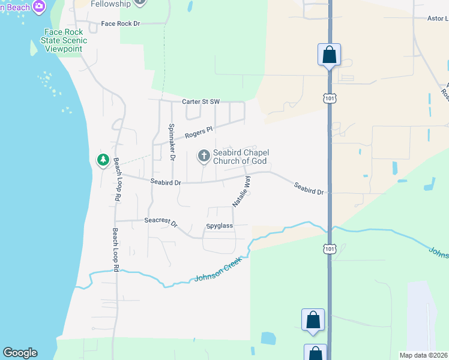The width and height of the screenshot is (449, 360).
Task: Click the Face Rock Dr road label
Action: tap(120, 23)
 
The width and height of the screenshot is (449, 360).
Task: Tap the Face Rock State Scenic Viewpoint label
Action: tap(65, 40)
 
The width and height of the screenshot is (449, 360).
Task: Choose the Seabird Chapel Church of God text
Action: tap(241, 157)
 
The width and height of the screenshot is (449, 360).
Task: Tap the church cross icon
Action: tap(204, 157)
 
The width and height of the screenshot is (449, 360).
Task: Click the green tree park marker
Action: tap(103, 160)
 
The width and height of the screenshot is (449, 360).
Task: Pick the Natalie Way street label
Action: tap(242, 191)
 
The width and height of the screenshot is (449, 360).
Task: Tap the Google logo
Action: tap(20, 353)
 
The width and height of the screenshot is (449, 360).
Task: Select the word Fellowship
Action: tap(110, 4)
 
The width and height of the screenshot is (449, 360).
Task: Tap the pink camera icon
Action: tap(39, 7)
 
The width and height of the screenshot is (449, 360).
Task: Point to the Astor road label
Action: tap(437, 19)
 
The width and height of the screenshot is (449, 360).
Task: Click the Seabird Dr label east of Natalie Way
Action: tap(309, 188)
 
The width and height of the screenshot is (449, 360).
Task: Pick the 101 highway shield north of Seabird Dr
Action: tap(329, 97)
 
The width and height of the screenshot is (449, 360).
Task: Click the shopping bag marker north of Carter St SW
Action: tap(329, 55)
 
